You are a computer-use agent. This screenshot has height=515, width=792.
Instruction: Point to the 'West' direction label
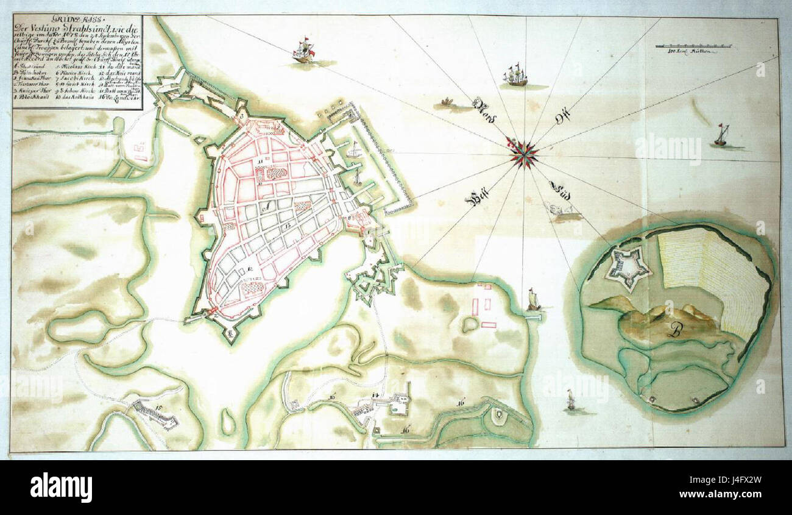click(x=479, y=198)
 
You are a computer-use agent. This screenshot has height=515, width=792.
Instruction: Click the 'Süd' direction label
click(x=560, y=189)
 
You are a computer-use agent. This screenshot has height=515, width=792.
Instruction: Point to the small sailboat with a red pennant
click(x=721, y=135)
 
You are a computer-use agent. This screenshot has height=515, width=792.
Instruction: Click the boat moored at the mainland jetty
click(x=533, y=299)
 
